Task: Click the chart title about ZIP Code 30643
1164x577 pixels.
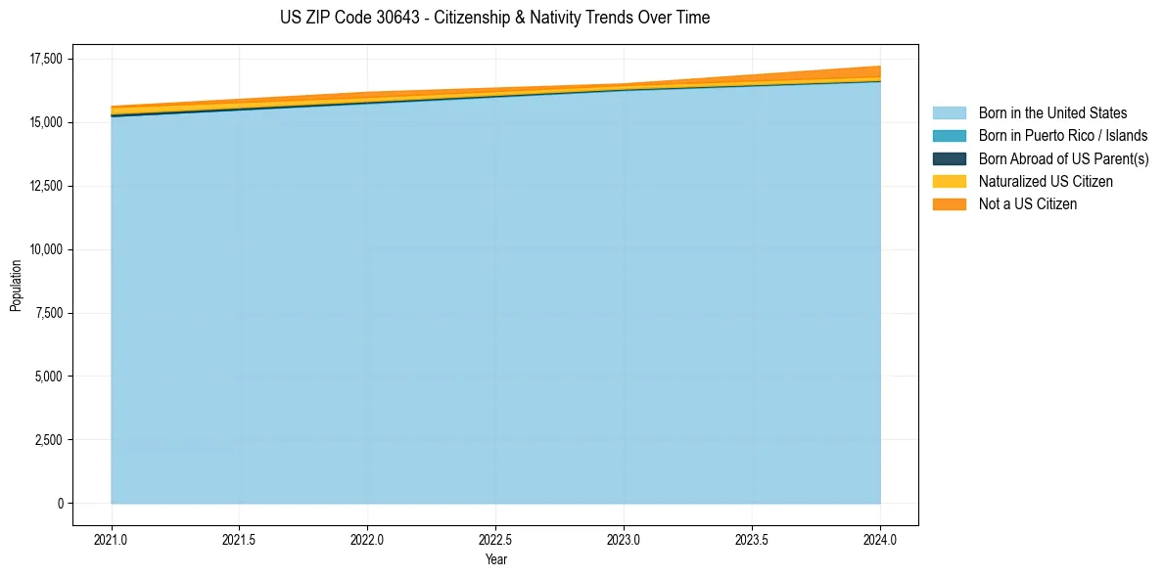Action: tap(494, 18)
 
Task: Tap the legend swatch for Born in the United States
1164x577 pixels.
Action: tap(949, 113)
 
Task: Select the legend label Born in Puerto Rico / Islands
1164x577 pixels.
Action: tap(1063, 136)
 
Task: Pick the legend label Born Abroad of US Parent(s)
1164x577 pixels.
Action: tap(1063, 158)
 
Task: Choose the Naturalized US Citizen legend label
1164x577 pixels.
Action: tap(1046, 182)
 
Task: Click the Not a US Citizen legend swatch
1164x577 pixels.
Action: tap(949, 204)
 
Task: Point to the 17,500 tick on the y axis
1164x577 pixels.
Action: tap(46, 60)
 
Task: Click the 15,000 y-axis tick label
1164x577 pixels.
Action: tap(46, 123)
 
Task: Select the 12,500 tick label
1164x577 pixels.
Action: tap(46, 187)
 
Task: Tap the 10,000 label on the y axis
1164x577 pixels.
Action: tap(46, 250)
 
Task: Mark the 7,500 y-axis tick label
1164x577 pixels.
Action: tap(49, 314)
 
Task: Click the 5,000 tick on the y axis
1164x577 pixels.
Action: tap(49, 377)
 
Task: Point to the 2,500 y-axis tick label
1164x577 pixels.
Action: tap(49, 440)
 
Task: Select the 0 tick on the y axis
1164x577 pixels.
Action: tap(60, 504)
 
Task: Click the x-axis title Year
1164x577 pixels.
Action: tap(495, 559)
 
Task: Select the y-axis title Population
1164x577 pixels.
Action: tap(16, 286)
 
